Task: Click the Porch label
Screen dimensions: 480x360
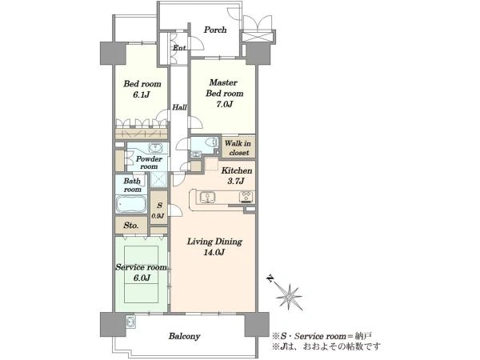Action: click(215, 30)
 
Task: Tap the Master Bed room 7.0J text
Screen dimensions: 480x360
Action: click(224, 93)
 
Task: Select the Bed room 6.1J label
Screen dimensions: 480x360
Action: click(142, 89)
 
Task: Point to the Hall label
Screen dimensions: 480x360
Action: click(179, 107)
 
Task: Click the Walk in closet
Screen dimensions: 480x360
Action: click(238, 147)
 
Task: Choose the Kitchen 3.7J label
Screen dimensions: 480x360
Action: click(236, 176)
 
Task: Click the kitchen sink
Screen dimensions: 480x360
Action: click(207, 197)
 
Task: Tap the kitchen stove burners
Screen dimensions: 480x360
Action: click(246, 197)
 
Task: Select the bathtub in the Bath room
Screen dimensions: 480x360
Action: click(131, 204)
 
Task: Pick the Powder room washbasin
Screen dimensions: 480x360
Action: click(157, 148)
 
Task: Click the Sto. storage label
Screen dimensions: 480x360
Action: click(131, 226)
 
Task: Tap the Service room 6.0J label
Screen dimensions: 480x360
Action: click(142, 273)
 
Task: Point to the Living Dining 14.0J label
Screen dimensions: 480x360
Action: click(214, 246)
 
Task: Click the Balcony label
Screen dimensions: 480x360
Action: click(185, 336)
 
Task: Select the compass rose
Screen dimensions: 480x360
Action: click(288, 294)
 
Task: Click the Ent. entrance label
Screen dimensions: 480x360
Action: click(180, 48)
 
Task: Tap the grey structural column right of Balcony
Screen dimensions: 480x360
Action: click(257, 325)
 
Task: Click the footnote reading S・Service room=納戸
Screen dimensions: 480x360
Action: click(322, 336)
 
